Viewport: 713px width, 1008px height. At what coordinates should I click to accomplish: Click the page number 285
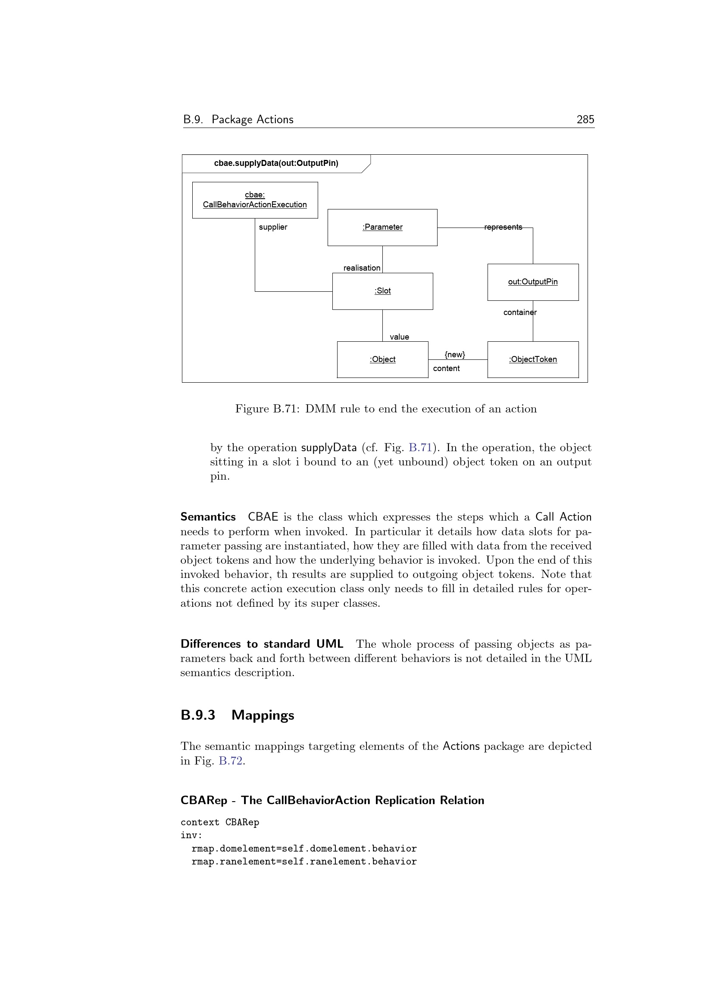click(x=585, y=119)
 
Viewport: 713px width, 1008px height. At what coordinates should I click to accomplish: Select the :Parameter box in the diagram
click(x=382, y=228)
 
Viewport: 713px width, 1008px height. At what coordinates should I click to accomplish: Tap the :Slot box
click(x=382, y=291)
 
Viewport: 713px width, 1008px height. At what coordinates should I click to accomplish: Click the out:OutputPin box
click(x=532, y=282)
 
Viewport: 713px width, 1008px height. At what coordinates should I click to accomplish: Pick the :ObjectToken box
click(x=532, y=359)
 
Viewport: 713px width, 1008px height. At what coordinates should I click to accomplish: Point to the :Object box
click(x=382, y=359)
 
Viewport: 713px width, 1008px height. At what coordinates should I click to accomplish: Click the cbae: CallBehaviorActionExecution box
click(x=255, y=200)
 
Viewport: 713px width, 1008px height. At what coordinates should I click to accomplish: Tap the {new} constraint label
click(x=454, y=354)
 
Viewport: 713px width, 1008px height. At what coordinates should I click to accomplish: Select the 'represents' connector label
click(x=503, y=227)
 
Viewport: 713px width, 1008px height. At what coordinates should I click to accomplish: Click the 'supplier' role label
click(x=272, y=227)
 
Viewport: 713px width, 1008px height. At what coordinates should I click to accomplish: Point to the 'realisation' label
click(x=362, y=268)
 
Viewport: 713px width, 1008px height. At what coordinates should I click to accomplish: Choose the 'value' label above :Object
click(x=399, y=337)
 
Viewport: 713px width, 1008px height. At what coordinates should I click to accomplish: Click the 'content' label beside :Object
click(x=446, y=368)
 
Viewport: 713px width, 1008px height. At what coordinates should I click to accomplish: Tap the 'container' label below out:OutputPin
click(x=520, y=312)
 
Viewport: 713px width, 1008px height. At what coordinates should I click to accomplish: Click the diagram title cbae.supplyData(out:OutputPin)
click(x=276, y=163)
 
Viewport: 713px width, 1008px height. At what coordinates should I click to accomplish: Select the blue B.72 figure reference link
click(x=231, y=760)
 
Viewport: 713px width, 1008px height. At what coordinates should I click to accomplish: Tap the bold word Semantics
click(x=208, y=517)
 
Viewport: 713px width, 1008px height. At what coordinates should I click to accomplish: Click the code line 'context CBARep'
click(x=219, y=822)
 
